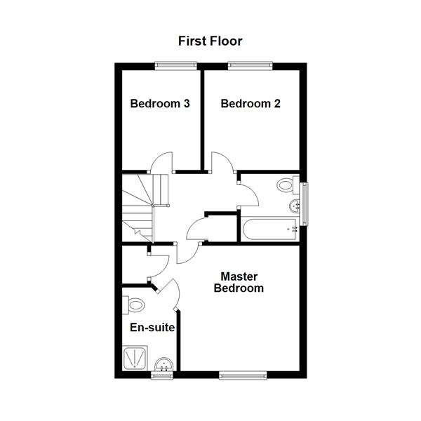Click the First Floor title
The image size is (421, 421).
point(210,41)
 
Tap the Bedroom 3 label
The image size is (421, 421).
point(160,104)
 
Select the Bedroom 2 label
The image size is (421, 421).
point(250,104)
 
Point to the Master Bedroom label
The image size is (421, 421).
point(239,282)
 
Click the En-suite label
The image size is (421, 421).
point(152,328)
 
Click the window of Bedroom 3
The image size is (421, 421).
point(175,66)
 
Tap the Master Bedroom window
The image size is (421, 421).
point(243,375)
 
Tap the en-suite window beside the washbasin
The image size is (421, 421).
point(162,375)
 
